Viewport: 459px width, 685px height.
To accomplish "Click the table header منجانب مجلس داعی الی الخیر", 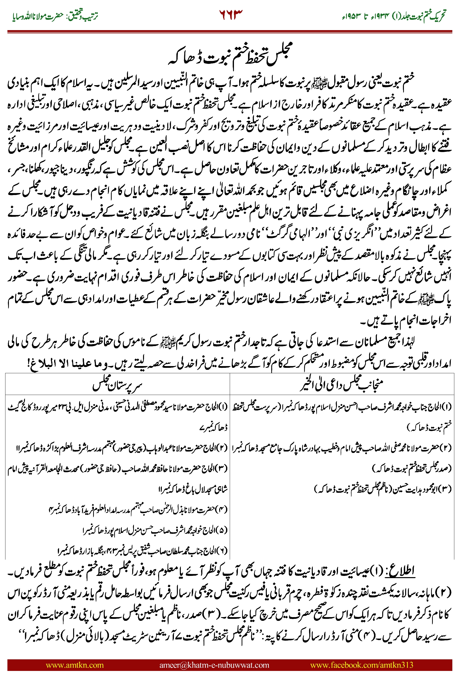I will [x=342, y=385].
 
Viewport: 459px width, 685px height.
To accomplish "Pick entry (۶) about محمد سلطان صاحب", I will [x=143, y=551].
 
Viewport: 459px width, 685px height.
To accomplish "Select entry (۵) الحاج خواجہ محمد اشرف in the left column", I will [x=155, y=530].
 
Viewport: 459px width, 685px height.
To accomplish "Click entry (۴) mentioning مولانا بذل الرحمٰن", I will [x=138, y=509].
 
